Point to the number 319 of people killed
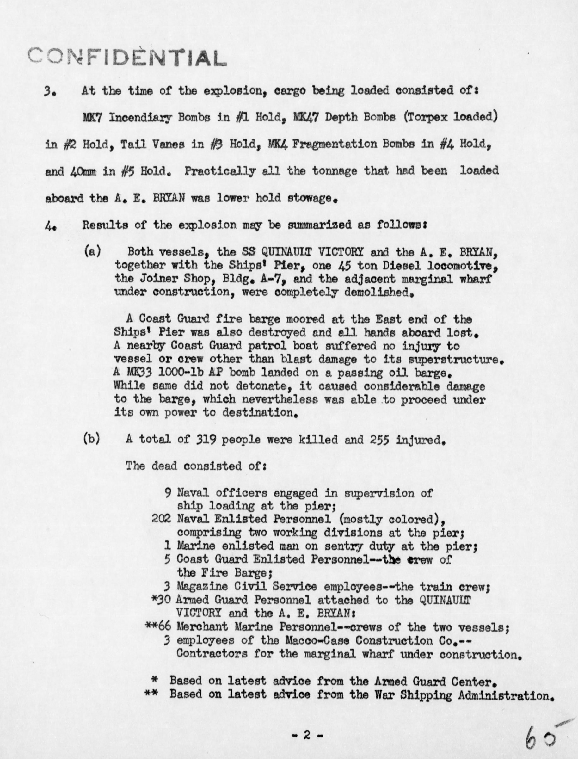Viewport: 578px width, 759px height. pyautogui.click(x=206, y=440)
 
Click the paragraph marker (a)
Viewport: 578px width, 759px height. pyautogui.click(x=92, y=251)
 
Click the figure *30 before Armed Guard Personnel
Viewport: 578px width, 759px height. pyautogui.click(x=161, y=600)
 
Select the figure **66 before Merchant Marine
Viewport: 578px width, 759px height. pyautogui.click(x=158, y=626)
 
